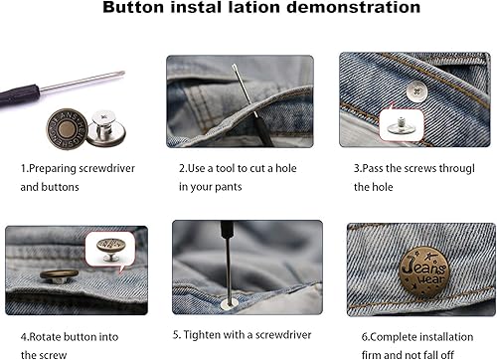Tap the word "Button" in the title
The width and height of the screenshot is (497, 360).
(162, 9)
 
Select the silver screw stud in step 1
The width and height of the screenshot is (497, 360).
(104, 123)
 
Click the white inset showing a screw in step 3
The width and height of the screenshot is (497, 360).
(398, 125)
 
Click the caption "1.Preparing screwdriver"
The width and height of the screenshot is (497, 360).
(79, 167)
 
